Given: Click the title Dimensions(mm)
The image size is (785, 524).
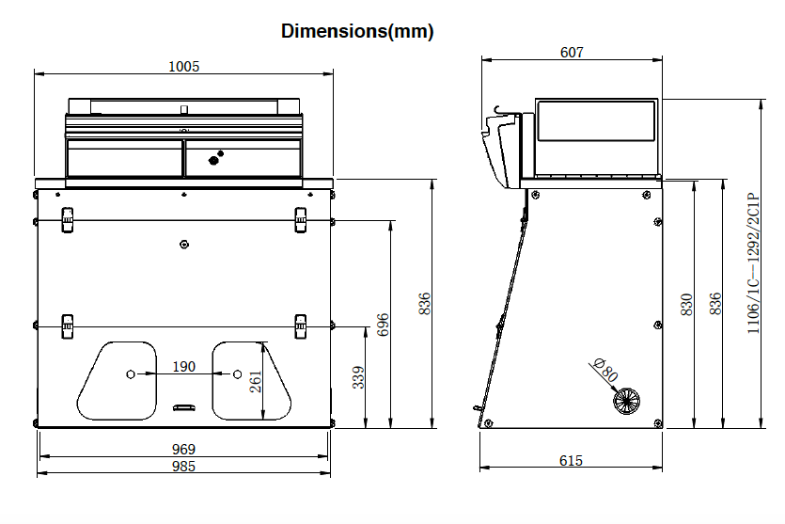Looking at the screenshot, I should [357, 31].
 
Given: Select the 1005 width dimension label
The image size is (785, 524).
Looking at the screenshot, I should [183, 66].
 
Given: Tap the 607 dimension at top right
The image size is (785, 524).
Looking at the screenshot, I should [572, 53].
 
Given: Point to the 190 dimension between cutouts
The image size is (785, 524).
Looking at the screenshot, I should [184, 366].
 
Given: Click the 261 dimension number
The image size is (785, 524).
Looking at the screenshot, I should [255, 380].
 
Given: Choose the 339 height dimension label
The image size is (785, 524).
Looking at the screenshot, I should [357, 376].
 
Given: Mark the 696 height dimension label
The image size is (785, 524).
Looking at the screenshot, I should [383, 325].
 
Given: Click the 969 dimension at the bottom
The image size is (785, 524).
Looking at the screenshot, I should [184, 450].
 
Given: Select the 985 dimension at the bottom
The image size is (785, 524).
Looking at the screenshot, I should [184, 467].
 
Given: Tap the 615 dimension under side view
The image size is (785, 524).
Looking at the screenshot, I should [571, 460].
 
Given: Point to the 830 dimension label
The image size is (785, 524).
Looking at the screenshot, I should [686, 304].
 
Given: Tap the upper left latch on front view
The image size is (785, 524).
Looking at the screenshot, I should [67, 218].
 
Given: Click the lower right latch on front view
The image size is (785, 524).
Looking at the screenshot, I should [301, 326].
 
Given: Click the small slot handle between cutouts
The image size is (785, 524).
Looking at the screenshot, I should [183, 407].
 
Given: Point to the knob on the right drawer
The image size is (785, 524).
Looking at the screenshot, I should [213, 160].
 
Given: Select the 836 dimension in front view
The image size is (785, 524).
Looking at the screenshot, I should [424, 303].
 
